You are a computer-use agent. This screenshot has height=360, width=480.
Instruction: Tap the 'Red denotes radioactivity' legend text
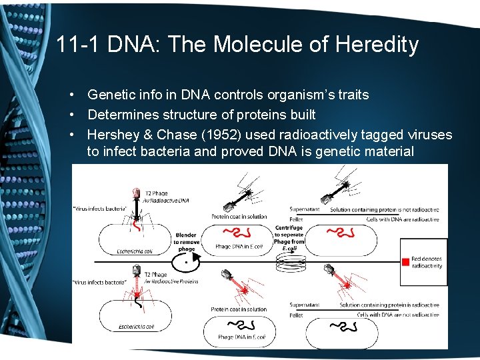click(427, 261)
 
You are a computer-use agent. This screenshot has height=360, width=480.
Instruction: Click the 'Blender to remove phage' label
click(186, 242)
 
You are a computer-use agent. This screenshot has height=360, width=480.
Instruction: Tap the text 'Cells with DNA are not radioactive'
click(400, 314)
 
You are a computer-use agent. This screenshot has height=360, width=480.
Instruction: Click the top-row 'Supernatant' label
click(305, 209)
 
